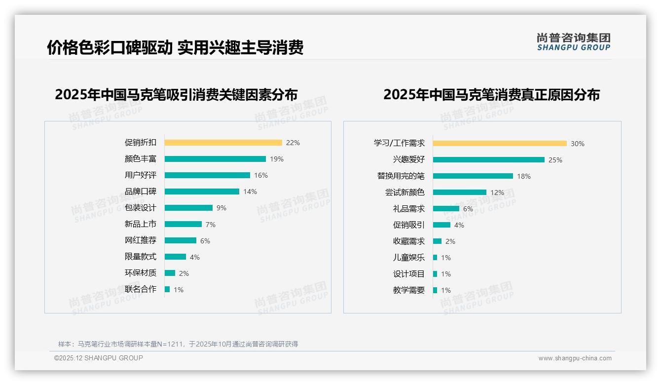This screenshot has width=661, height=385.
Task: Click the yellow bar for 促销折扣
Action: click(x=223, y=143)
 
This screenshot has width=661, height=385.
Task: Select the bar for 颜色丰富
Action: click(x=215, y=159)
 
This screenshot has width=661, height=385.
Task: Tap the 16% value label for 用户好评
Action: click(x=261, y=175)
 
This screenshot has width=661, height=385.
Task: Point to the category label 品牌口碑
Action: click(x=141, y=192)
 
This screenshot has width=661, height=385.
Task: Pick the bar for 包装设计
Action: click(x=188, y=208)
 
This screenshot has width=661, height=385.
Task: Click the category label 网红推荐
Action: click(x=141, y=240)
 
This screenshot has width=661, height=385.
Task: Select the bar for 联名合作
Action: click(x=167, y=289)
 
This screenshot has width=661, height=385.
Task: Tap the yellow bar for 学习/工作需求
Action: click(x=500, y=144)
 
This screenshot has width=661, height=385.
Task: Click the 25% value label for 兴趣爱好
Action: click(x=555, y=160)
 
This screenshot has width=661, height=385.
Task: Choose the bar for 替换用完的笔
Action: click(x=473, y=176)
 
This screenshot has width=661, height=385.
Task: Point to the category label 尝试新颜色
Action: click(x=405, y=192)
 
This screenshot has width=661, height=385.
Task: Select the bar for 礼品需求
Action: click(x=446, y=209)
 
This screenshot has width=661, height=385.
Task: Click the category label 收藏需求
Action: click(x=409, y=241)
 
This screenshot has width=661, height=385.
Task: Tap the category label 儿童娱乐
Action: click(x=409, y=258)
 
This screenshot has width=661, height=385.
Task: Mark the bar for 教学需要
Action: click(x=435, y=290)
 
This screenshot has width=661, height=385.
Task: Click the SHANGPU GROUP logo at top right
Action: click(x=574, y=42)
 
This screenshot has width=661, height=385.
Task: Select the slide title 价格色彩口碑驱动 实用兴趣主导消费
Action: click(x=175, y=47)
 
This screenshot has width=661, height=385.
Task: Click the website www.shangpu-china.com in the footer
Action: click(x=575, y=358)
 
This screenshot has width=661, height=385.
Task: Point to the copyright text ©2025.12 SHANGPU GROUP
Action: click(x=99, y=358)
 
